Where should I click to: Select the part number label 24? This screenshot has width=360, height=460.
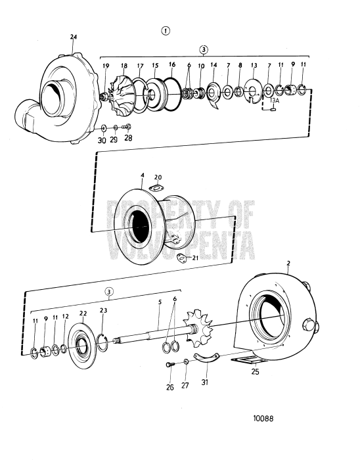pyautogui.click(x=73, y=37)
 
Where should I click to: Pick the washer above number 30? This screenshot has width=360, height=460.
pyautogui.click(x=104, y=126)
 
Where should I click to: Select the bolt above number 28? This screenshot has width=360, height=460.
pyautogui.click(x=127, y=126)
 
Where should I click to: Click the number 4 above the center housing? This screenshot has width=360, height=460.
pyautogui.click(x=142, y=175)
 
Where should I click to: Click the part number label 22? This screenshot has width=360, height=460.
pyautogui.click(x=83, y=313)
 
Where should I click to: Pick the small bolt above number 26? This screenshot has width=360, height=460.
pyautogui.click(x=169, y=365)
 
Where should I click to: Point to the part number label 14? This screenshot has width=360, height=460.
pyautogui.click(x=214, y=66)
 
